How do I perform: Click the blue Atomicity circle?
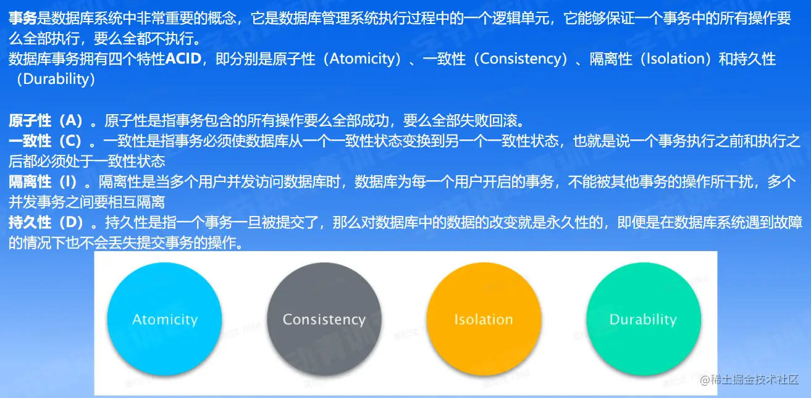click(x=165, y=319)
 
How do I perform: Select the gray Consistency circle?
click(x=324, y=319)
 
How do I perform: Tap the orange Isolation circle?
click(x=484, y=319)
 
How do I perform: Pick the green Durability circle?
click(x=644, y=319)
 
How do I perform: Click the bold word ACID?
click(x=183, y=59)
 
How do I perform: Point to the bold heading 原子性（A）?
click(x=46, y=120)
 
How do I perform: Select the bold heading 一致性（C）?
click(x=45, y=141)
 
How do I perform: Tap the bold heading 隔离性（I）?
click(x=43, y=181)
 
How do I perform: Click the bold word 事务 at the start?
click(x=23, y=18)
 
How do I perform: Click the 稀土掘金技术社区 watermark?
click(x=749, y=379)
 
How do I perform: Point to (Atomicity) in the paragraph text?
click(x=362, y=59)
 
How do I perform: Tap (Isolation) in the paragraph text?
click(x=675, y=59)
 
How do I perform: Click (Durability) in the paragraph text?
click(x=54, y=79)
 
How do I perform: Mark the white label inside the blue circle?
click(x=165, y=320)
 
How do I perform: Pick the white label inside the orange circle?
click(x=484, y=320)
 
